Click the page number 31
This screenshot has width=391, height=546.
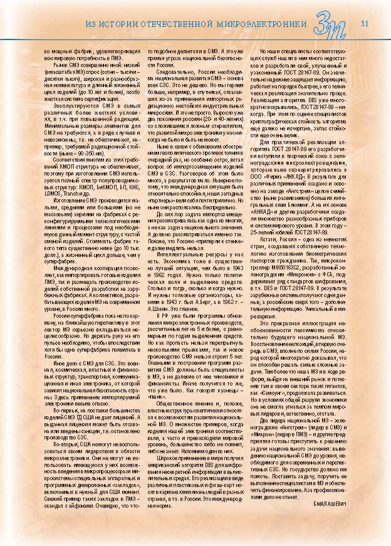coord(364,24)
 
